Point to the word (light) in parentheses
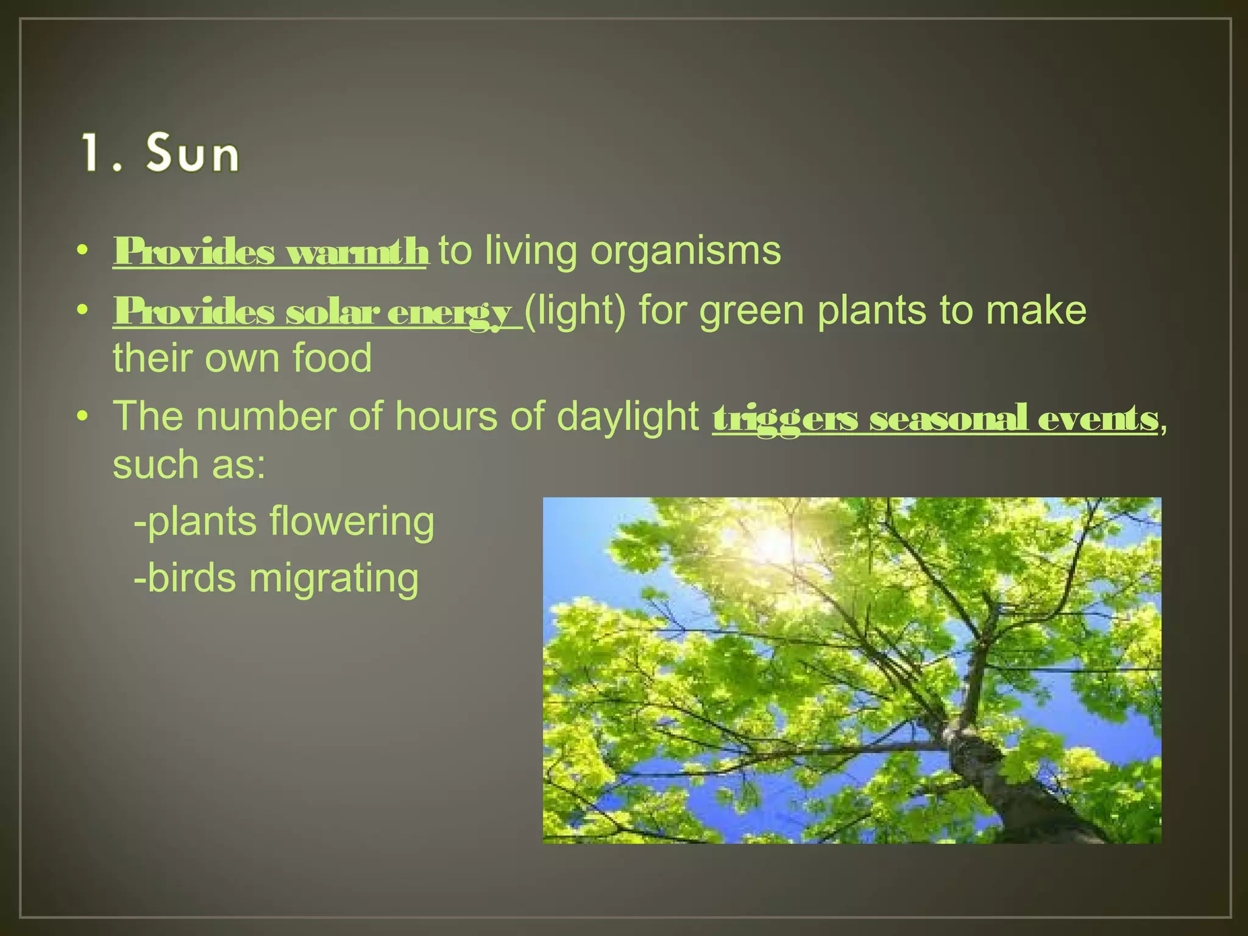click(x=575, y=311)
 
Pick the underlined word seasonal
click(x=948, y=419)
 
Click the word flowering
click(x=352, y=522)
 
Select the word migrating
click(x=334, y=578)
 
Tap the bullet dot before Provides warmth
click(x=83, y=250)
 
